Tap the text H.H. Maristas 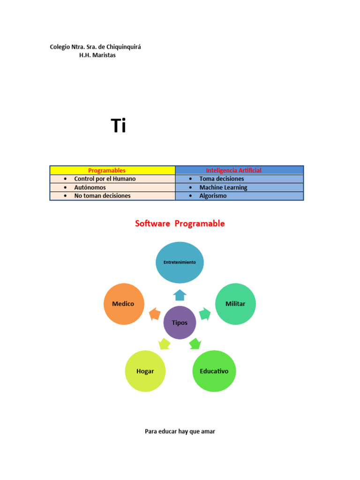coord(97,55)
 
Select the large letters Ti coord(119,126)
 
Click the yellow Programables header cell coord(112,170)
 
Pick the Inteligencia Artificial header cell coord(240,170)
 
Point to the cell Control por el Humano coord(112,179)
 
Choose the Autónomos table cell coord(112,187)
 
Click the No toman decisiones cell coord(112,196)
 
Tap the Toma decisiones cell coord(240,179)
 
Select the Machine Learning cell coord(240,187)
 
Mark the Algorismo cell coord(240,196)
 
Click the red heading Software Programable coord(180,224)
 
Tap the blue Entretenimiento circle coord(180,262)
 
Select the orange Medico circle coord(123,304)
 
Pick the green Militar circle coord(235,304)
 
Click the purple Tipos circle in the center coord(180,322)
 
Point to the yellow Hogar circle coord(145,371)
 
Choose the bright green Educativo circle coord(214,371)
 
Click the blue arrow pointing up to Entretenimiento coord(180,295)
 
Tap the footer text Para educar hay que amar coord(180,431)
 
